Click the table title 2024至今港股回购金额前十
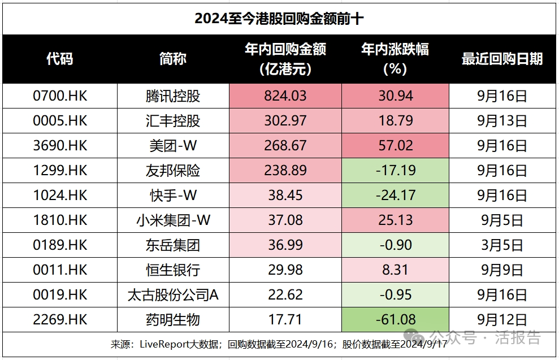coord(279,19)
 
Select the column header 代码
coord(60,58)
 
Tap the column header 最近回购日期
coord(502,58)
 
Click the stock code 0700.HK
coord(60,96)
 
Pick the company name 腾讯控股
coord(172,96)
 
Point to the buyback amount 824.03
coord(285,96)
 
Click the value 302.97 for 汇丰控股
coord(285,121)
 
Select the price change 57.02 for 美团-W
coord(395,146)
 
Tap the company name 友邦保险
coord(172,171)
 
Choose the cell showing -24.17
coord(395,196)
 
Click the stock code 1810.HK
coord(60,220)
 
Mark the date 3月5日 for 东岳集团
coord(502,245)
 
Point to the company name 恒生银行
coord(172,270)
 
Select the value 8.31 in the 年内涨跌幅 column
coord(395,270)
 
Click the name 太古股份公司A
coord(172,295)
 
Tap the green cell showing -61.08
coord(395,320)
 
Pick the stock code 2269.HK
coord(60,320)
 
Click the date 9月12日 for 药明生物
coord(502,320)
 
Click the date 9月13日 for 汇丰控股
coord(502,121)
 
